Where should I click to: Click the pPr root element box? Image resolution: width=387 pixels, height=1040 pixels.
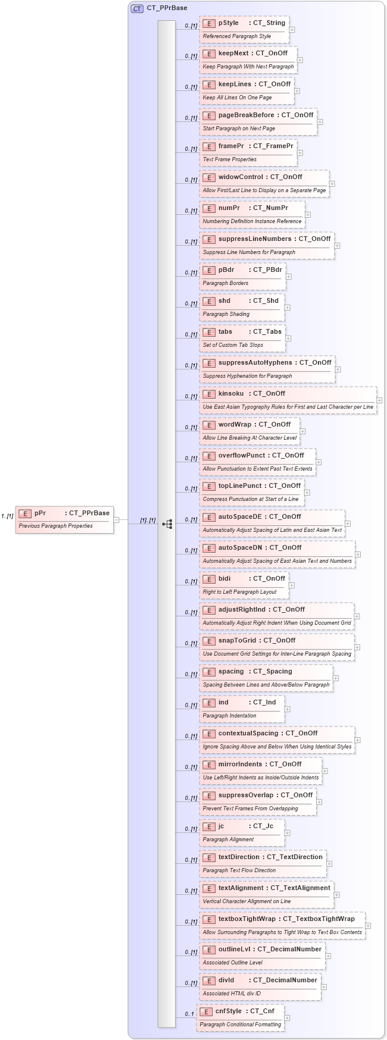click(64, 519)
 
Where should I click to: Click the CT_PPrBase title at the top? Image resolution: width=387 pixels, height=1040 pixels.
click(167, 8)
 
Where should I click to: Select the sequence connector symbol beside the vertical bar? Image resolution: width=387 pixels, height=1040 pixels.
click(167, 524)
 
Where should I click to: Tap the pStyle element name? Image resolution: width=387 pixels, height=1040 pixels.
click(228, 23)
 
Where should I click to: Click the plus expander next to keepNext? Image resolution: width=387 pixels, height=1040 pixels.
click(300, 60)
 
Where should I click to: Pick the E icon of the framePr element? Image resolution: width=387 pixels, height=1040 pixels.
click(208, 146)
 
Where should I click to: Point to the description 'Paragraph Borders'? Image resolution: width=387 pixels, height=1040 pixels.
click(226, 283)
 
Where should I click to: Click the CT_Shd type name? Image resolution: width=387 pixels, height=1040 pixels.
click(266, 301)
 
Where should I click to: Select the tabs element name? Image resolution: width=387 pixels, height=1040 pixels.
click(225, 332)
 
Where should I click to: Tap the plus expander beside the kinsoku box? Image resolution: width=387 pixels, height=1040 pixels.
click(379, 400)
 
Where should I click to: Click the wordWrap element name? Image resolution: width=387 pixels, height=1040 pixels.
click(235, 425)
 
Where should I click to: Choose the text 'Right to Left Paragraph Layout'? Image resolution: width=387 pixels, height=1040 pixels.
click(239, 592)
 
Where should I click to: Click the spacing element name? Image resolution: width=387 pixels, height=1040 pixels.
click(231, 672)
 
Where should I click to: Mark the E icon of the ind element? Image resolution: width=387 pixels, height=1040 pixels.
click(208, 703)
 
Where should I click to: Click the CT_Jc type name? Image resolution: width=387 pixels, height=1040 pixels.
click(263, 826)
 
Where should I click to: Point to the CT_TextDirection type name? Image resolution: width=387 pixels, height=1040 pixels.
click(295, 857)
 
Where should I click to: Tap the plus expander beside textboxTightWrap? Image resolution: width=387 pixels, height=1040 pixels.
click(368, 926)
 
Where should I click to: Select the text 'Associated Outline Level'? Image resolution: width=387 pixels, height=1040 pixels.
click(232, 963)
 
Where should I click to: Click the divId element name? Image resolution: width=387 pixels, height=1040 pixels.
click(226, 981)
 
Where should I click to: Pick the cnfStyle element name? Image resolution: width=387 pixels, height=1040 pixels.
click(229, 1011)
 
